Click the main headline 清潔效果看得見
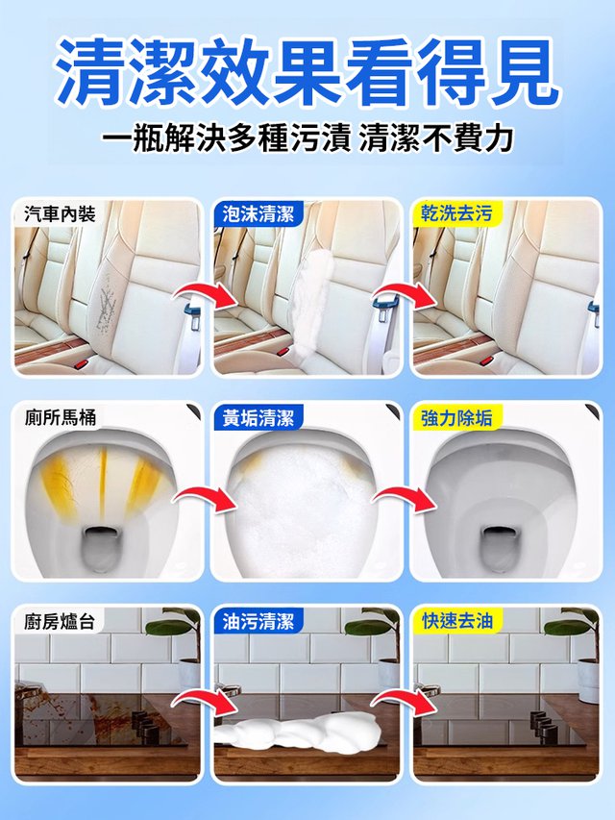307,71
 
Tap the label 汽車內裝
60,213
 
